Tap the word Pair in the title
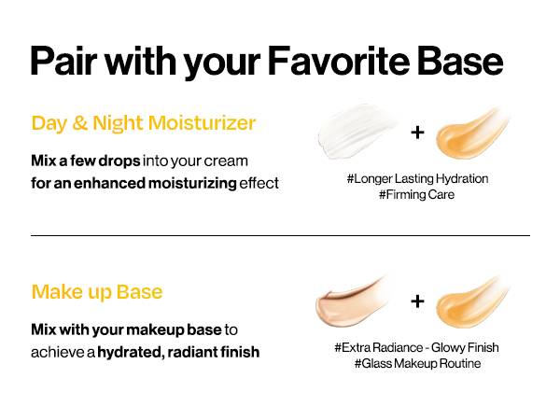[x=63, y=61]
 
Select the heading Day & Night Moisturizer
[x=143, y=123]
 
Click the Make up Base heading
[x=97, y=292]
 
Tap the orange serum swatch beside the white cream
[x=472, y=133]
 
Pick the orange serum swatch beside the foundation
[x=472, y=302]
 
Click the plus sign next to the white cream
[x=417, y=133]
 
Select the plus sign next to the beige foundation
[x=417, y=301]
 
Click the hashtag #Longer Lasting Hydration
[x=417, y=178]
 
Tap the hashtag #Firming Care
[x=416, y=195]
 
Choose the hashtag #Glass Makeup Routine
[x=417, y=364]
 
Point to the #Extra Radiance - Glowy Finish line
[x=416, y=347]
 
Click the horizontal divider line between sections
[x=280, y=236]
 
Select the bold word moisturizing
[x=192, y=183]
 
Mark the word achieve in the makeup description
[x=58, y=352]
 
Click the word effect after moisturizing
[x=259, y=183]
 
